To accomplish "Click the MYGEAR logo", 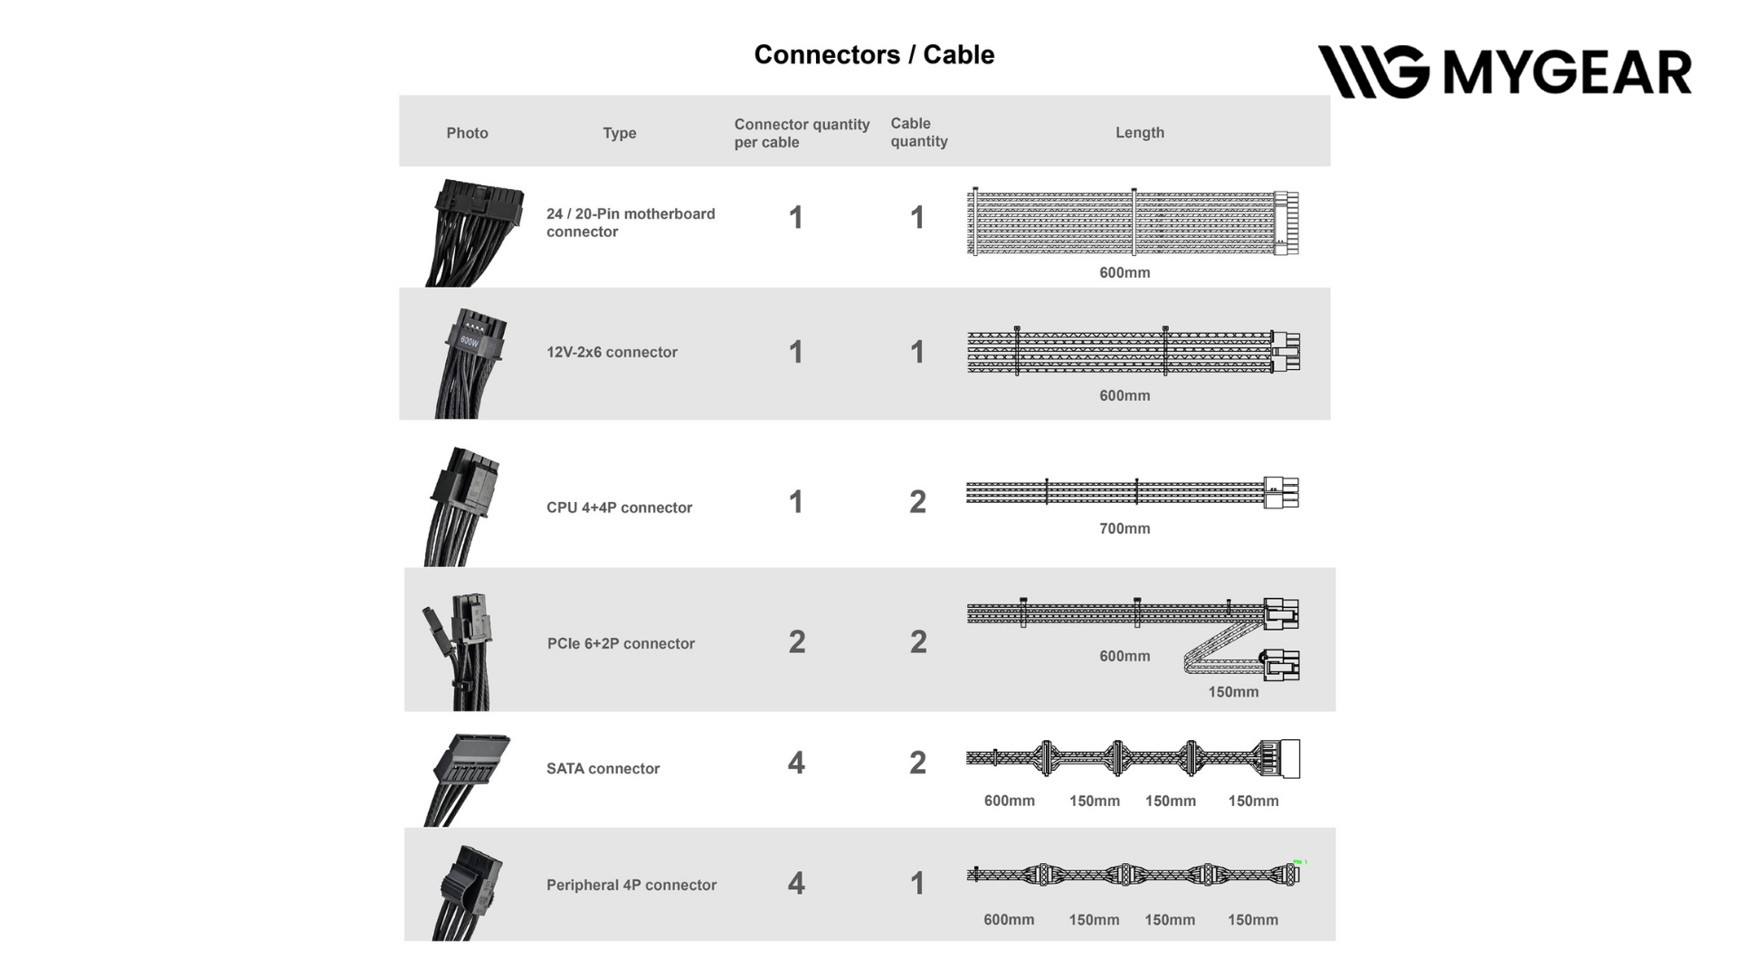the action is [1504, 71].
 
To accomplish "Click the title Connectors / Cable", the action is [874, 55].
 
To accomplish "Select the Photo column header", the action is [467, 133].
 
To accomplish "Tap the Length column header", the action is [1140, 132].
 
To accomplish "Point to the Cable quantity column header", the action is [919, 132].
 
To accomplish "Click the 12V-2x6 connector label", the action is [612, 352].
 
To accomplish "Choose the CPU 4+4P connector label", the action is [619, 507].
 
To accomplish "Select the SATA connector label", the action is [603, 768].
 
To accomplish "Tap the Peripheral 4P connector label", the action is [631, 885].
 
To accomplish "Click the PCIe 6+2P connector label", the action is [621, 643].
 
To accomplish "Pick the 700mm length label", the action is [1125, 528].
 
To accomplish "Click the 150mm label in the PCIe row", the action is [1233, 692].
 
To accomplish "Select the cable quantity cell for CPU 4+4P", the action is [917, 502].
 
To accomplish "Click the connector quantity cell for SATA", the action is [796, 763].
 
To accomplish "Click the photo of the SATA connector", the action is [467, 779].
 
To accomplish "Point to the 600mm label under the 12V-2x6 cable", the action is [1125, 395].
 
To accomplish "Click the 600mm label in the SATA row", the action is [1010, 801].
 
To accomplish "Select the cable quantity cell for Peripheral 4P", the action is [917, 884].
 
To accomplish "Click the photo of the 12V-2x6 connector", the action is [470, 363].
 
